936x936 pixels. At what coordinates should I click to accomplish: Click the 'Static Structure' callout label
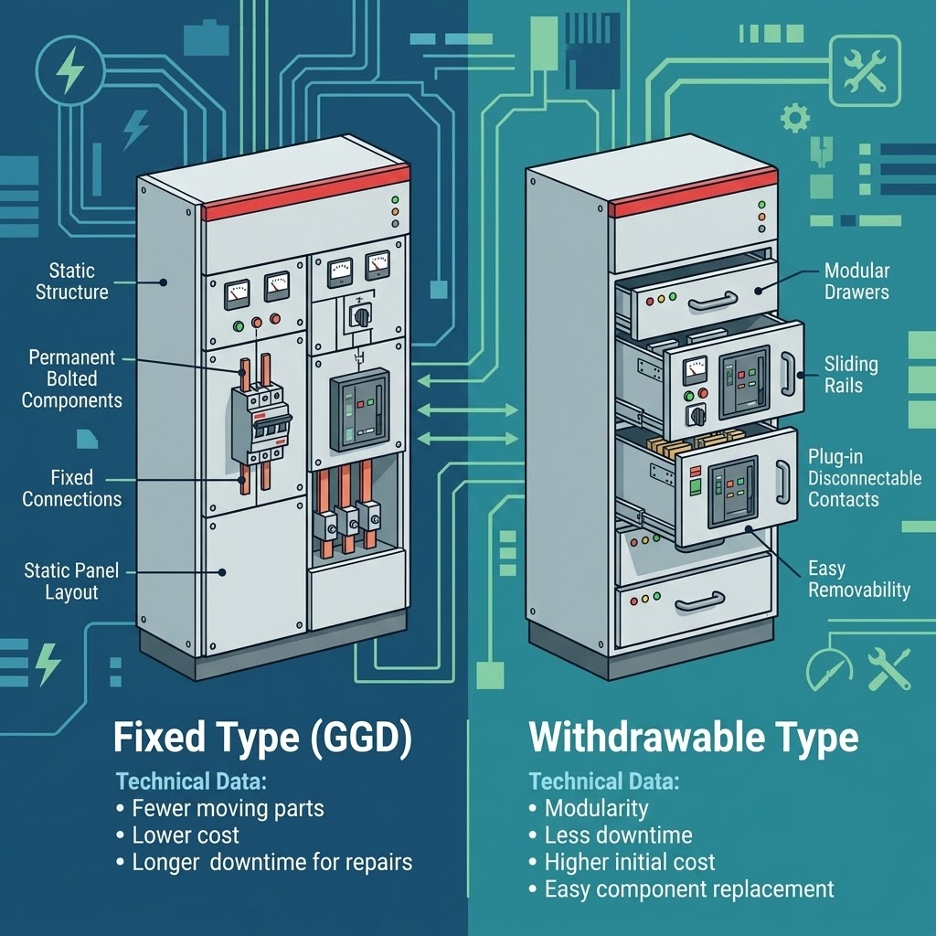click(71, 282)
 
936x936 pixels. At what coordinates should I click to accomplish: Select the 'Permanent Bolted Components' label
click(71, 378)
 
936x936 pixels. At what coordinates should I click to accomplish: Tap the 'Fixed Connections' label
click(71, 488)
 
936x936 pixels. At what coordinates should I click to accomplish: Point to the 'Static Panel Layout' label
click(71, 581)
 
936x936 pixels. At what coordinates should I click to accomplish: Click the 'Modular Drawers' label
click(856, 282)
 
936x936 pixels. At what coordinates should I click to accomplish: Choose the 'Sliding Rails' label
click(851, 375)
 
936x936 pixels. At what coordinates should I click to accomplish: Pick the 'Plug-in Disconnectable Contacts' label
click(865, 478)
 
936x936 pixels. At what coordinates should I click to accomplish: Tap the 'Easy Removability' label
click(859, 579)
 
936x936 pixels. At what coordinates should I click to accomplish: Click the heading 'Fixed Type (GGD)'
click(262, 738)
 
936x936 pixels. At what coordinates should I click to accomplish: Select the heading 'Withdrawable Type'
click(694, 738)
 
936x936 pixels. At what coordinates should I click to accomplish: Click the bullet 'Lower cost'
click(185, 835)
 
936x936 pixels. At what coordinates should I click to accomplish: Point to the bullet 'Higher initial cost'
click(629, 862)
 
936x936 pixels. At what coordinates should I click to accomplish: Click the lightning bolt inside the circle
click(69, 69)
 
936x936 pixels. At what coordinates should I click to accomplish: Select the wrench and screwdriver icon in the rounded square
click(865, 70)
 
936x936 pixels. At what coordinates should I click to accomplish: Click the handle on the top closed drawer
click(712, 302)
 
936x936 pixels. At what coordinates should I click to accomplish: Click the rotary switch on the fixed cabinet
click(361, 315)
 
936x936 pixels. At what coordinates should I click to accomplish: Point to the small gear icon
click(795, 118)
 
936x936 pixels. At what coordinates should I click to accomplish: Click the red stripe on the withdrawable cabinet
click(693, 192)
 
